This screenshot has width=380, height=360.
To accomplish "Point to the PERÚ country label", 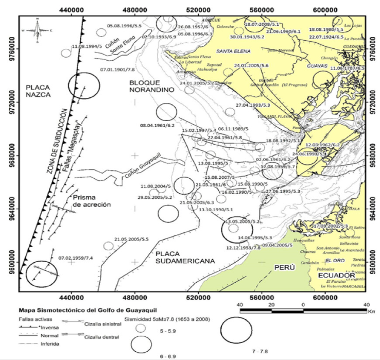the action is (283, 268).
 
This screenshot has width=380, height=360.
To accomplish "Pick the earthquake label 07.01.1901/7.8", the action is (117, 69).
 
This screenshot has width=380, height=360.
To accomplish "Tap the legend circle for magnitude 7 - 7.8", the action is (240, 328).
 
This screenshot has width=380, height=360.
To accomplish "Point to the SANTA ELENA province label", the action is (233, 52).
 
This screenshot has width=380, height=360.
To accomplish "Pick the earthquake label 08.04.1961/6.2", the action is (158, 125).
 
